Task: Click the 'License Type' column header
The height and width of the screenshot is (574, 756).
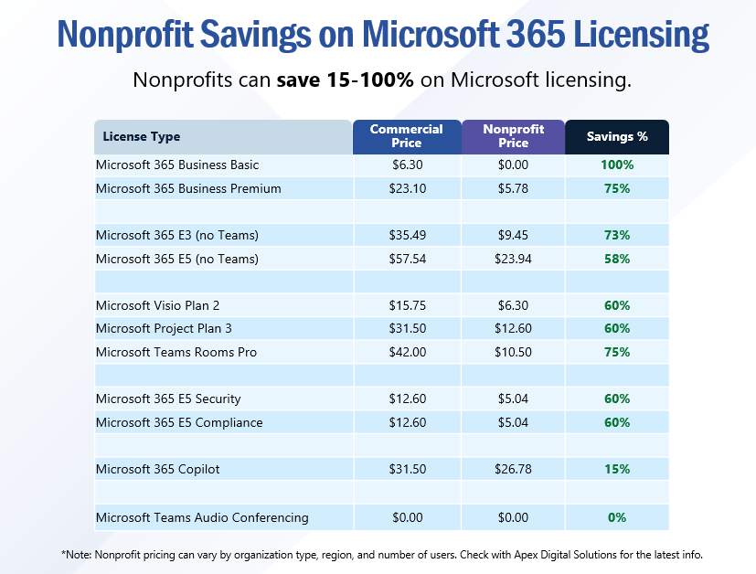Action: [x=142, y=137]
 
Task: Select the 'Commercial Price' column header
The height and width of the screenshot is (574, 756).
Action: [x=407, y=136]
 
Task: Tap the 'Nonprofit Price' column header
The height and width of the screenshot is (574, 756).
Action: [x=513, y=136]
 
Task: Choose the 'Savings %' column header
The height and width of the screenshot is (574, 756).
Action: [x=617, y=136]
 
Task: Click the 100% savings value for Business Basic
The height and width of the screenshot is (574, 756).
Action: [x=617, y=165]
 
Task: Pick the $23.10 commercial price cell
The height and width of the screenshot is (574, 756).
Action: [x=408, y=188]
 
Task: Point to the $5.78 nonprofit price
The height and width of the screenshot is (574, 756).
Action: [x=513, y=188]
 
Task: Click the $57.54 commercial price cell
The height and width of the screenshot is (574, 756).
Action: [x=408, y=259]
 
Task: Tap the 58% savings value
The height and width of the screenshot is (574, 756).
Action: [x=617, y=259]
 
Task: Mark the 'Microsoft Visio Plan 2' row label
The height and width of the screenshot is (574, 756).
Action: [x=158, y=305]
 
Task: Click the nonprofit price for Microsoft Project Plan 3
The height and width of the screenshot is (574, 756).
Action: [x=513, y=328]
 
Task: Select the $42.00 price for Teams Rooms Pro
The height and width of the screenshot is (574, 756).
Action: [x=408, y=352]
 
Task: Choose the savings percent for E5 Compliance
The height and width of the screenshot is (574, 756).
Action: [x=617, y=422]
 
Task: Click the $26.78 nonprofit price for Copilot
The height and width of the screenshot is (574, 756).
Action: [x=513, y=469]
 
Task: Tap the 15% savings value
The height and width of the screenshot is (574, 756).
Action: [x=617, y=469]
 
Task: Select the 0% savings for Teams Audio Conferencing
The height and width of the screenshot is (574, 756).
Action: [x=617, y=517]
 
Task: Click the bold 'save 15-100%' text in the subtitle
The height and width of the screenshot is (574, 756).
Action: [x=346, y=80]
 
